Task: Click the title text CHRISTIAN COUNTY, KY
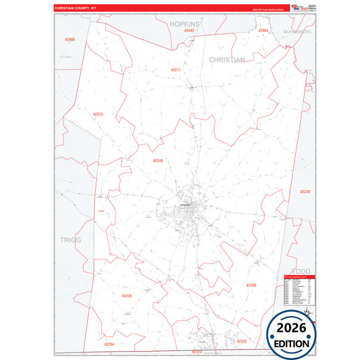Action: click(x=76, y=9)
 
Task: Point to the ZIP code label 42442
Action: click(x=189, y=30)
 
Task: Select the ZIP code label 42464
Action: click(x=263, y=30)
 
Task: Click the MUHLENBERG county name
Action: click(x=297, y=32)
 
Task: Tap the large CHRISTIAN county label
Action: click(x=227, y=59)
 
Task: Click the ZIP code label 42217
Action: click(x=176, y=70)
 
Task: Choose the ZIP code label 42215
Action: click(x=98, y=114)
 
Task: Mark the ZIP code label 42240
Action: click(x=158, y=160)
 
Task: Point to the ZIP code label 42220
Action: click(x=305, y=192)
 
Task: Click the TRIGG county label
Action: click(x=70, y=240)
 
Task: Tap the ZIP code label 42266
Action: click(x=251, y=285)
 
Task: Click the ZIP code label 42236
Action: click(x=127, y=296)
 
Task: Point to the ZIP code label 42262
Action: click(x=242, y=341)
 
